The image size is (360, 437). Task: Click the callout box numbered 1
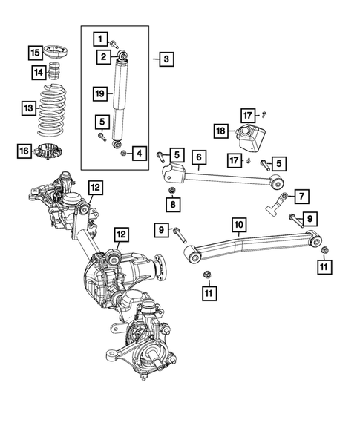[x=99, y=39]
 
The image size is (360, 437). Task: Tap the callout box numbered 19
[x=99, y=93]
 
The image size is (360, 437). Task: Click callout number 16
[x=25, y=152]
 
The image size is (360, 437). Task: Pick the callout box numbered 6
[x=198, y=157]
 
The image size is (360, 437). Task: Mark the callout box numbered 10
[x=238, y=223]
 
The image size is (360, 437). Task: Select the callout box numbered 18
[x=220, y=132]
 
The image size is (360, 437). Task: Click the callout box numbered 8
[x=172, y=203]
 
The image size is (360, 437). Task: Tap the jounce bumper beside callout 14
[x=54, y=73]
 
